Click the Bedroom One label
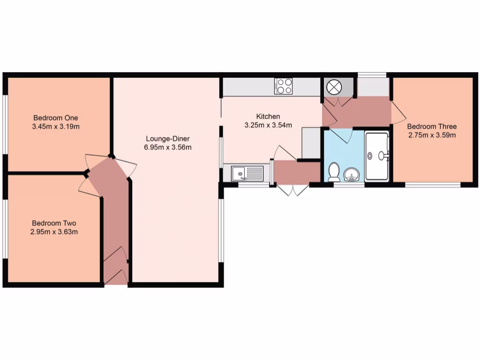pos(55,118)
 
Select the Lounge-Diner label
pos(167,139)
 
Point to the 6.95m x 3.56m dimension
pos(167,147)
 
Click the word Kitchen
pos(268,116)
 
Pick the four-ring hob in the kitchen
pos(284,86)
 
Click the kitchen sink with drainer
pos(247,173)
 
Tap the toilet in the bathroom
pos(334,172)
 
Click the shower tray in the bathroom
pos(377,157)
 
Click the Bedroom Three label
pos(432,127)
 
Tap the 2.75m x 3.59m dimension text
pos(432,135)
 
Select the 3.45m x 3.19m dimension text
pos(55,126)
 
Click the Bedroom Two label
pos(54,223)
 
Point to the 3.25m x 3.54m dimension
pos(268,125)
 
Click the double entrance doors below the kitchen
pos(292,190)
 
